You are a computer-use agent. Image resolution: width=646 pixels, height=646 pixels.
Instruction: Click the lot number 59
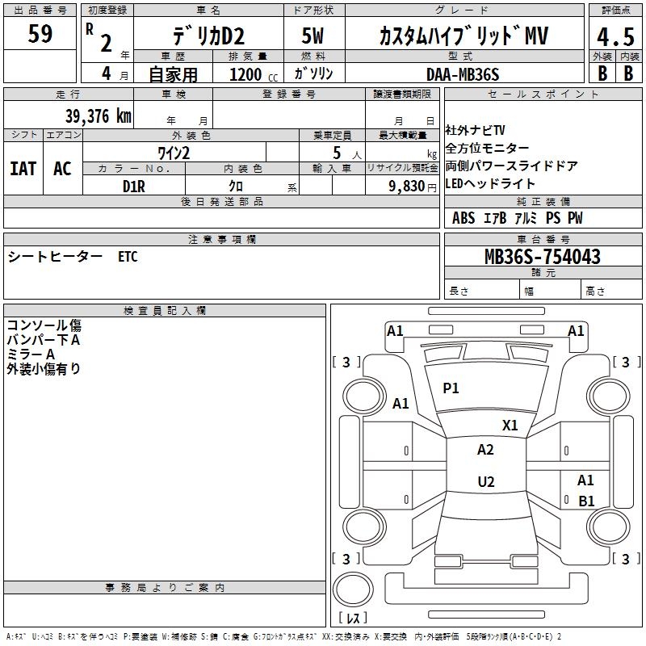[x=40, y=33]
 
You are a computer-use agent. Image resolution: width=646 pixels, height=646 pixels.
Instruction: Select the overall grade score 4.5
[x=615, y=37]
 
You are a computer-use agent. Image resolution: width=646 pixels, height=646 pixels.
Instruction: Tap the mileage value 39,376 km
[x=99, y=116]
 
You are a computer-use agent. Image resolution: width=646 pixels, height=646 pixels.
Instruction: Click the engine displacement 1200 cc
[x=254, y=74]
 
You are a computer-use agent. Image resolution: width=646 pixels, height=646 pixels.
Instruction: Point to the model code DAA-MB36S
[x=463, y=74]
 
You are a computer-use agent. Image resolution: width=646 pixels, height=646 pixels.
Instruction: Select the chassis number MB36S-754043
[x=543, y=257]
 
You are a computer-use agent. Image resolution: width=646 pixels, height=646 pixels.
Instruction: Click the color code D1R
[x=134, y=187]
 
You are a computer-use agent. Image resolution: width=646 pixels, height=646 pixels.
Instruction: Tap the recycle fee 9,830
[x=407, y=187]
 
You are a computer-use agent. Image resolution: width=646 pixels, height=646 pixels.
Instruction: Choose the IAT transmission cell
[x=23, y=169]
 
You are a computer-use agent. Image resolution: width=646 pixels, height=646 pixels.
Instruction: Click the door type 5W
[x=313, y=36]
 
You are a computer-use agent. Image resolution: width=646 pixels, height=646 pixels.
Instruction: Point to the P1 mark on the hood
[x=451, y=388]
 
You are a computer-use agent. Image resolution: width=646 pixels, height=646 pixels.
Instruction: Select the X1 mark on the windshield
[x=510, y=426]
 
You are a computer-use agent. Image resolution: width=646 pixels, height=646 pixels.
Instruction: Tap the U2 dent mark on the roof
[x=486, y=481]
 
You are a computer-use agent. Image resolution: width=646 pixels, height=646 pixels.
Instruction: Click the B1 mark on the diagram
[x=587, y=501]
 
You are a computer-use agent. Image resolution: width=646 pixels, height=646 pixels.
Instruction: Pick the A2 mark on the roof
[x=485, y=450]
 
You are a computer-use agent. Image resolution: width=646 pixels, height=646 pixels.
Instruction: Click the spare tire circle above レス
[x=353, y=589]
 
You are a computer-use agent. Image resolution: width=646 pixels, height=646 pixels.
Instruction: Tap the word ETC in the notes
[x=128, y=257]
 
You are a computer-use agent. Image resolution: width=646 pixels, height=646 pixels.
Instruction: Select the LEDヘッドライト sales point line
[x=490, y=183]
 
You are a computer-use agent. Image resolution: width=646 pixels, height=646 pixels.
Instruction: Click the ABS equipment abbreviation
[x=464, y=218]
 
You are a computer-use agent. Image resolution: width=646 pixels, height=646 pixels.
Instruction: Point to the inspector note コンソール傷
[x=44, y=325]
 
